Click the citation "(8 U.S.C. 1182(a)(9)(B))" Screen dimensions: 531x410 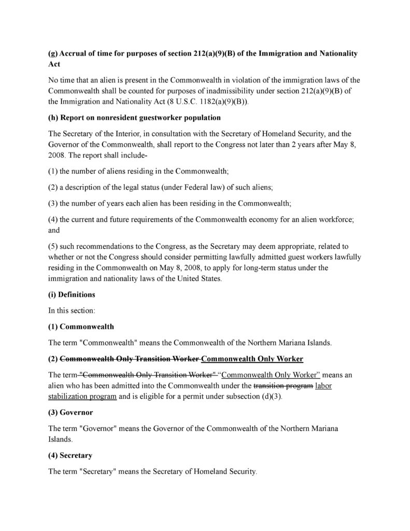[204, 102]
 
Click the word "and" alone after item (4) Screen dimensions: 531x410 [54, 230]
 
